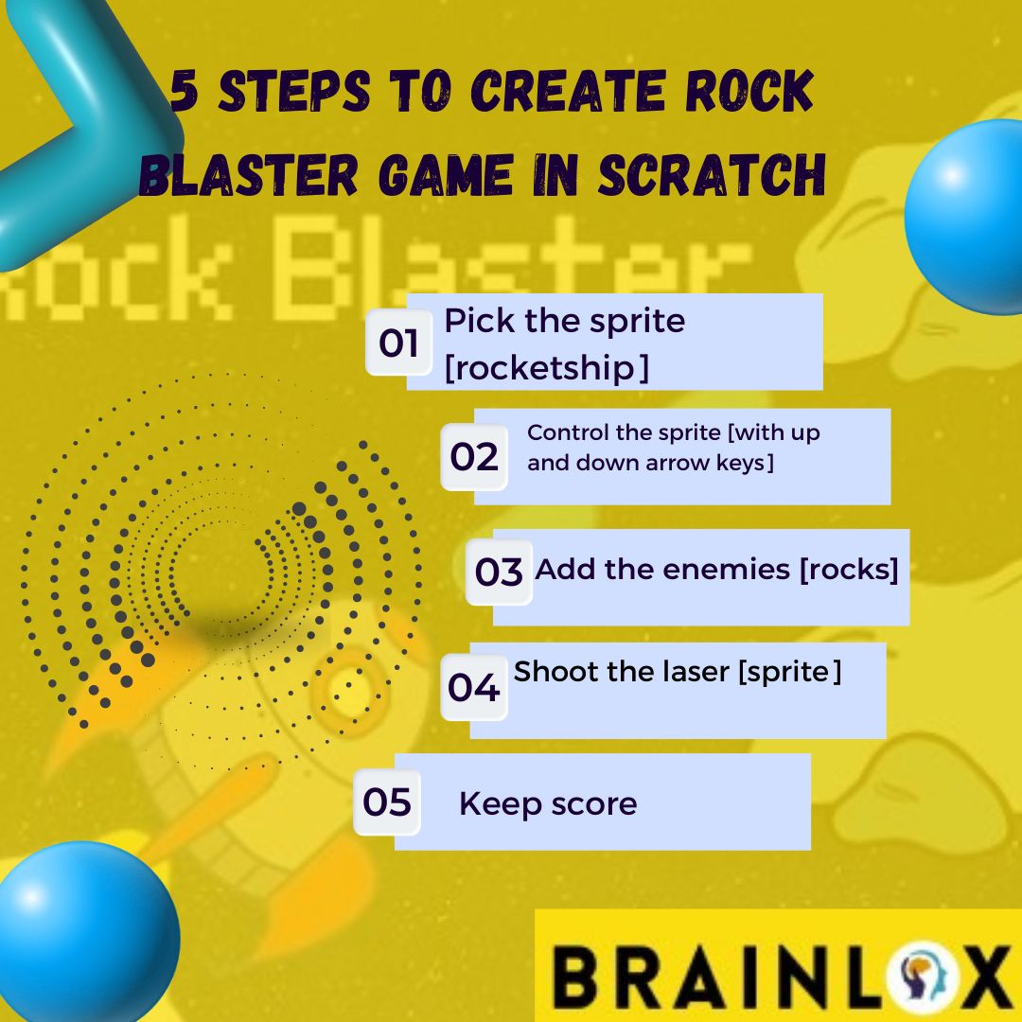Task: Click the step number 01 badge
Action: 398,343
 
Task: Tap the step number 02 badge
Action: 474,457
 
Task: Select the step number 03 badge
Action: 499,573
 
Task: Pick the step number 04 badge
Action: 474,688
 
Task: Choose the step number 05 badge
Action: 387,802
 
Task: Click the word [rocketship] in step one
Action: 546,368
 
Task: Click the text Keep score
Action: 548,804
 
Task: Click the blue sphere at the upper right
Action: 970,216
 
